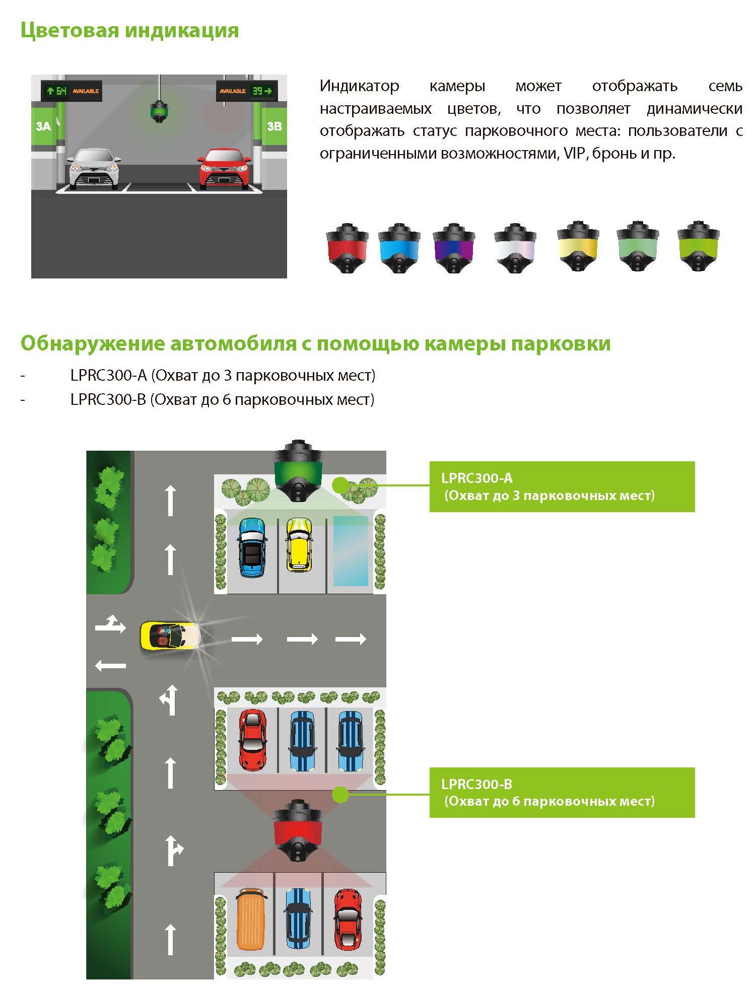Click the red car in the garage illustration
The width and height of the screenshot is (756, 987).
coord(225,169)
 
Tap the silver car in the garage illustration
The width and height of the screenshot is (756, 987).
coord(95,169)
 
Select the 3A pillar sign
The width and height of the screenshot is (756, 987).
coord(43,126)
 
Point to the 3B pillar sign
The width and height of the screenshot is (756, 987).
coord(274,126)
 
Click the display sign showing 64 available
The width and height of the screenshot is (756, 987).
coord(72,91)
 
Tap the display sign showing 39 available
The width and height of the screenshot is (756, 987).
coord(247,91)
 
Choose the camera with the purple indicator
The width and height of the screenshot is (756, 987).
coord(454,248)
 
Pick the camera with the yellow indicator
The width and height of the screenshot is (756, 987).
coord(577,246)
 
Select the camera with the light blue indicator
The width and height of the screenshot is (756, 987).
coord(399,248)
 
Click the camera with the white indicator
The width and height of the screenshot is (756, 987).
coord(515,248)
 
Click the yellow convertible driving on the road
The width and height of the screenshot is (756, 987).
coord(170,636)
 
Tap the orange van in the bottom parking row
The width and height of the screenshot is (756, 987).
coord(250,918)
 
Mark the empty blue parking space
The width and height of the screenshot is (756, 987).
coord(351,551)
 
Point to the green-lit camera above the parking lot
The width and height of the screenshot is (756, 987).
coord(297,471)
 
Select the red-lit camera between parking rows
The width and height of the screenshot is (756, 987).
coord(298,830)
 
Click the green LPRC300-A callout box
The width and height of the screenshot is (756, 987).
coord(562,487)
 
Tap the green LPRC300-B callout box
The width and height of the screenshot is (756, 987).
coord(562,793)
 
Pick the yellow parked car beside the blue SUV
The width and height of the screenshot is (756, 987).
coord(299,545)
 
